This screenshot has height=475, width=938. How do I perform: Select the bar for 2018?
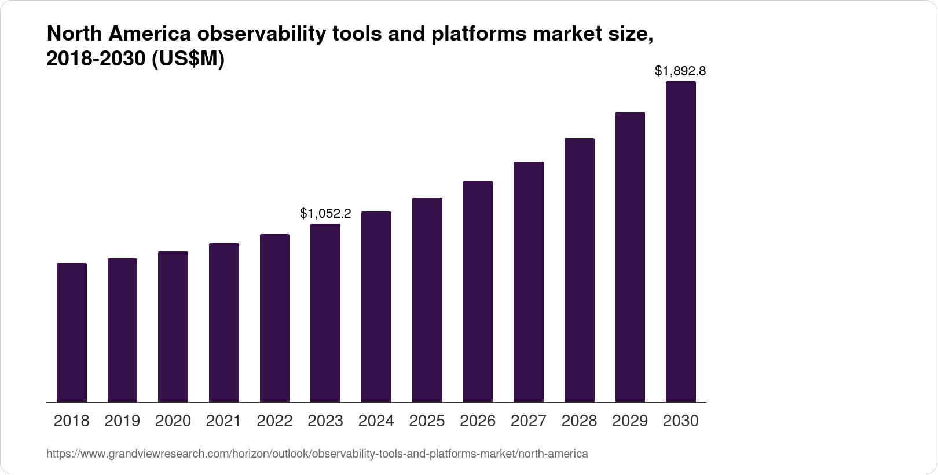pos(72,332)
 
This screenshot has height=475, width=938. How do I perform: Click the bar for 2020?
pos(173,327)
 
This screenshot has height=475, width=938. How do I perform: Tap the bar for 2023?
pos(325,313)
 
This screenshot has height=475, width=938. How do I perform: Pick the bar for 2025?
pos(427,300)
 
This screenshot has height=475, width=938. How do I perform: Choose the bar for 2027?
pos(529,282)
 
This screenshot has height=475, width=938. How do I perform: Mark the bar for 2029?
pos(630,257)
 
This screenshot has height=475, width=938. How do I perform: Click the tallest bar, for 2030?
pos(680,242)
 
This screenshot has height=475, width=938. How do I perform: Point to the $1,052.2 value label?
pos(325,214)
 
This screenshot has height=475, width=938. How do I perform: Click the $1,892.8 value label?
pos(680,71)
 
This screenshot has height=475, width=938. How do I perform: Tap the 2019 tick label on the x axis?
pos(122,421)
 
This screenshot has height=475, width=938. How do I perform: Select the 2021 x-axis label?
pos(223,421)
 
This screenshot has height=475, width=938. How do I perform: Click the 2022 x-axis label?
pos(274,421)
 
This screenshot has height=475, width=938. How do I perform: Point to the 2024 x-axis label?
pos(376,421)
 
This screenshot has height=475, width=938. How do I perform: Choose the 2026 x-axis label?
pos(478,421)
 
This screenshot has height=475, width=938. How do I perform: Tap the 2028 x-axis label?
pos(579,421)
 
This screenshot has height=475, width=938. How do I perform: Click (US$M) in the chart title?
pos(188,59)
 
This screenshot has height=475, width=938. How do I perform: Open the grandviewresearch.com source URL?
pos(317,454)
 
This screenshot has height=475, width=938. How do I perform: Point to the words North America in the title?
pos(119,35)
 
